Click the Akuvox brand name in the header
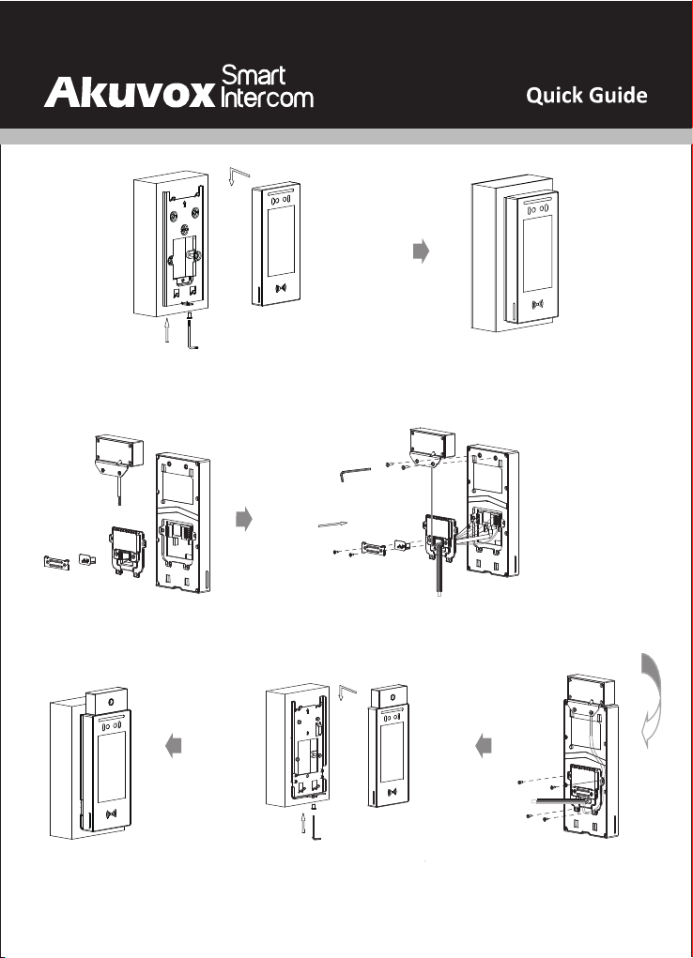[x=129, y=93]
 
